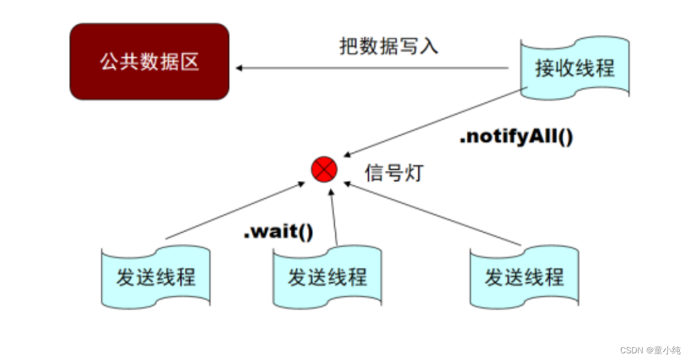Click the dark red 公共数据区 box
[x=149, y=62]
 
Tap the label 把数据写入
[x=388, y=46]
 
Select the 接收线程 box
[x=574, y=67]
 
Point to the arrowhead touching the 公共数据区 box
[x=239, y=68]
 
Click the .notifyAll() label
[x=516, y=138]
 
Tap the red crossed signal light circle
[x=324, y=170]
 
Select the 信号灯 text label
[x=393, y=173]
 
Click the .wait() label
[x=278, y=232]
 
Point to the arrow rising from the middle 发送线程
[x=333, y=218]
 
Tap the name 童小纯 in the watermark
[x=666, y=350]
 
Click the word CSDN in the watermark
[x=631, y=350]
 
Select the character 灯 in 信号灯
[x=412, y=173]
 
